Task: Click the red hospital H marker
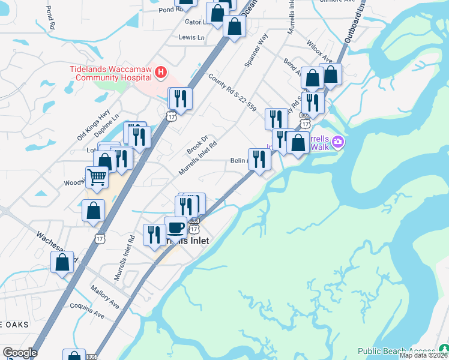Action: (160, 73)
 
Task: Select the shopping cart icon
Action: (97, 177)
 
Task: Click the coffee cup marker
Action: (175, 227)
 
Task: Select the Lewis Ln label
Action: (191, 37)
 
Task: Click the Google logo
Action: (20, 353)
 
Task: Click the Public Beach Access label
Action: (396, 351)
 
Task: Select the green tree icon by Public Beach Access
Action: (443, 350)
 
